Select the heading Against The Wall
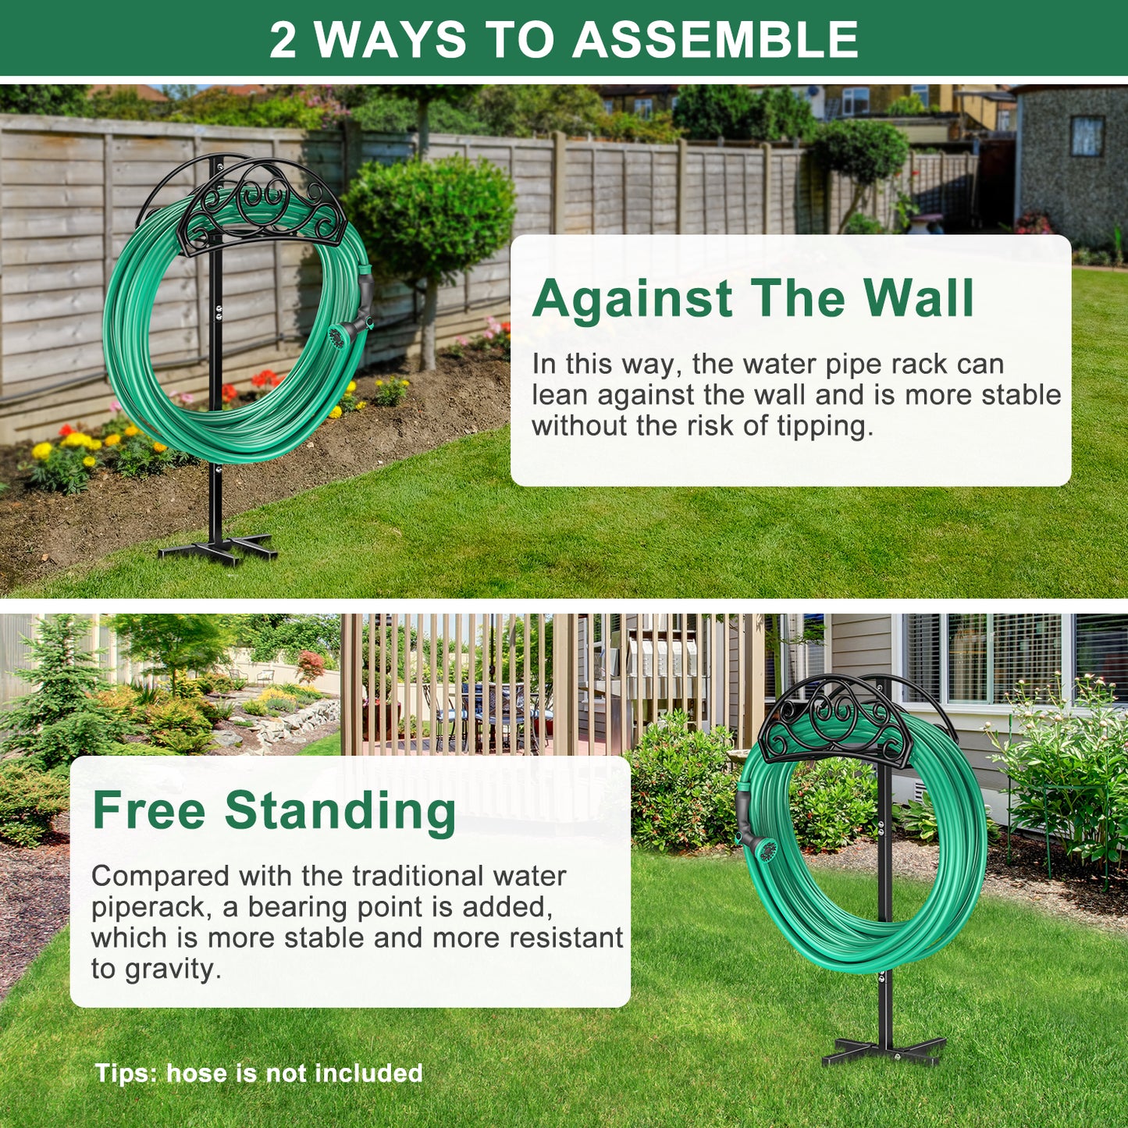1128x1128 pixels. click(753, 298)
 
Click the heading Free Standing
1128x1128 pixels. click(274, 810)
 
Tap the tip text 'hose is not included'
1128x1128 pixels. click(294, 1073)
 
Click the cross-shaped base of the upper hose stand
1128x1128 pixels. click(218, 547)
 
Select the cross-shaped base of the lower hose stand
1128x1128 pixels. click(884, 1051)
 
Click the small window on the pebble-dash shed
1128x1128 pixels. click(1087, 136)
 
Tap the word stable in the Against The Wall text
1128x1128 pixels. click(1020, 395)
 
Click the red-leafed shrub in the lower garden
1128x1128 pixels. click(311, 665)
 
